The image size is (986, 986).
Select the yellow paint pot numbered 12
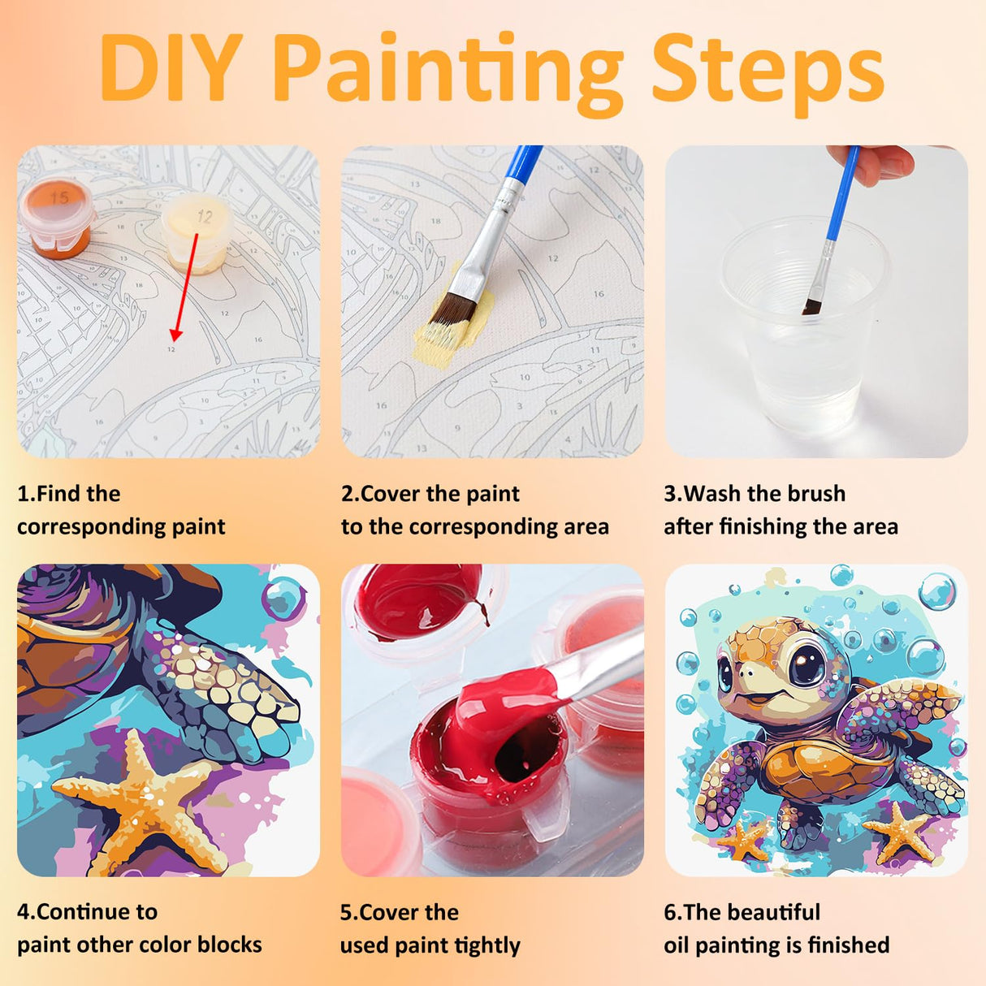point(196,234)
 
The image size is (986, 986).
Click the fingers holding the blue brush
point(873,162)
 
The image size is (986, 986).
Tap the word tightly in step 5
point(487,945)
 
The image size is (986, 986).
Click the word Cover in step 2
point(390,494)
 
